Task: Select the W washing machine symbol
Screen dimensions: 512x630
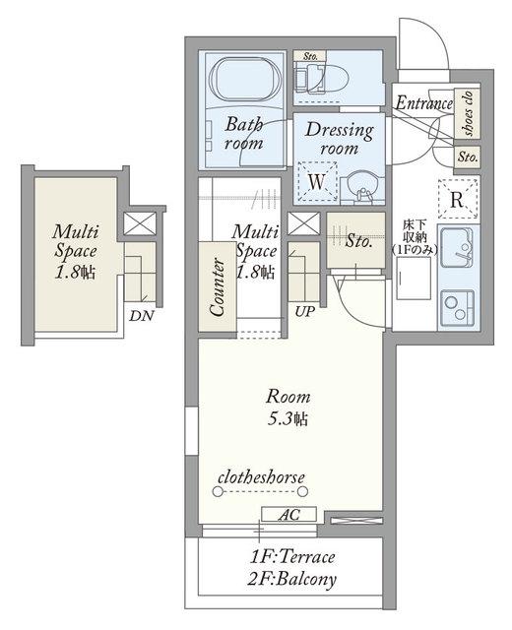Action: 316,181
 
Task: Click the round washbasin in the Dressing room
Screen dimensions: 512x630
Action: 361,187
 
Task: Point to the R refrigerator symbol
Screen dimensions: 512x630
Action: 458,199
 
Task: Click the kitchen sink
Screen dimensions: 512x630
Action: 457,247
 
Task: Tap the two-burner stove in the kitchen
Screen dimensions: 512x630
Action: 457,307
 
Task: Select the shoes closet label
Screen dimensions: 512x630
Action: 468,113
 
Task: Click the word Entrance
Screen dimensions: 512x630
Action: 424,103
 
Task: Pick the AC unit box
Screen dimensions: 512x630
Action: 288,514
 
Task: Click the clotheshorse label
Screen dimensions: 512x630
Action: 261,477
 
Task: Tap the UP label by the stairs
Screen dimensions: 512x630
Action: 304,311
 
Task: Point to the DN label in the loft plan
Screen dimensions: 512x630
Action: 142,316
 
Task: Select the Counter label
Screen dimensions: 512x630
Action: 218,286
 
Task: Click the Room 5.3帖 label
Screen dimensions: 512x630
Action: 288,408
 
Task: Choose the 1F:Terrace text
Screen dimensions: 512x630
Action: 292,557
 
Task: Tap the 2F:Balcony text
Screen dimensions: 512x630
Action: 292,580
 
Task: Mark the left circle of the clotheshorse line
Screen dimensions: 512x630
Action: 218,491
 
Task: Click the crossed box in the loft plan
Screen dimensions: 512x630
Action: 140,223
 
